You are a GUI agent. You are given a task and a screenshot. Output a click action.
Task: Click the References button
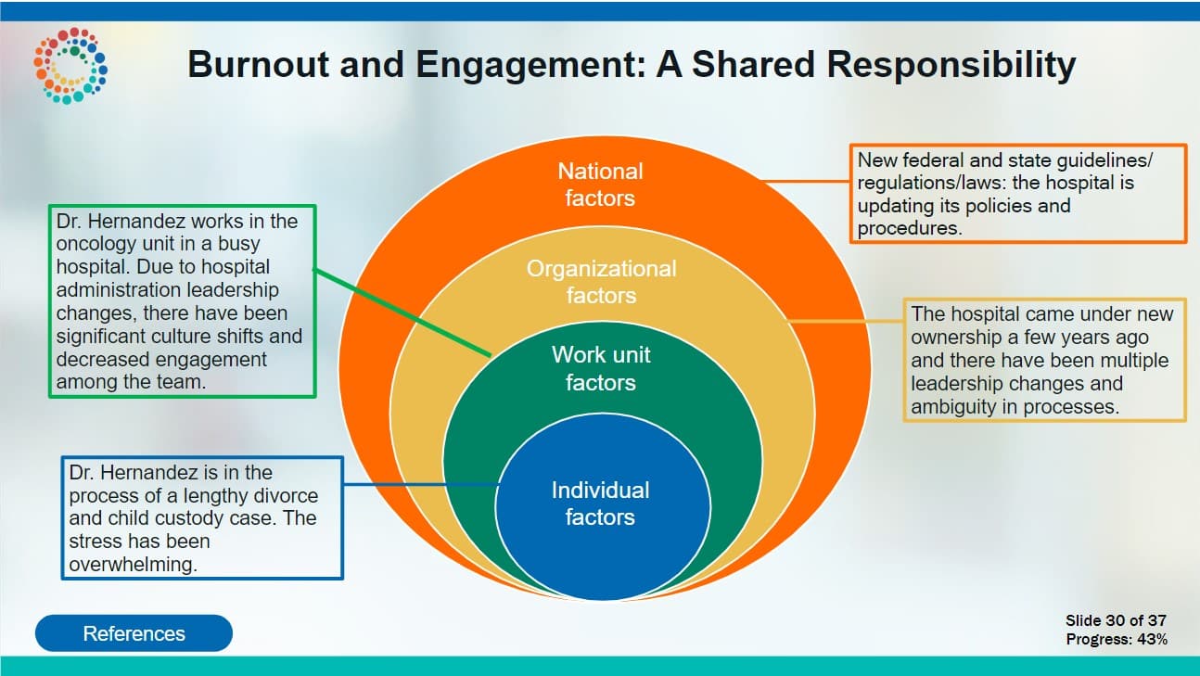click(x=134, y=633)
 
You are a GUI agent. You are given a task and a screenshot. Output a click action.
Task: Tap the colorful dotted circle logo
click(x=70, y=65)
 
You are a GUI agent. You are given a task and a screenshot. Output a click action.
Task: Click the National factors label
click(x=600, y=185)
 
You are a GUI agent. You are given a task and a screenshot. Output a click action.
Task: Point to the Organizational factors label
click(x=601, y=282)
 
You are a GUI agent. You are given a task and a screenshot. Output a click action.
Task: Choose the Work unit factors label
click(x=601, y=368)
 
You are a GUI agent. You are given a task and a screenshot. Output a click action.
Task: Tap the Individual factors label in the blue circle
click(x=601, y=504)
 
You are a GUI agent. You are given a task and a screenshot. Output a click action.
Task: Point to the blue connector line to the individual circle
click(x=422, y=484)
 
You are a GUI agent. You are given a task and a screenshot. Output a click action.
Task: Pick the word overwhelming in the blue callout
click(x=133, y=563)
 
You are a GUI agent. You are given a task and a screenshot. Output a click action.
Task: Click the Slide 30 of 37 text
click(x=1116, y=620)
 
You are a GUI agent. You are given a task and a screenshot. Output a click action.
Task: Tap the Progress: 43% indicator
click(x=1116, y=639)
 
